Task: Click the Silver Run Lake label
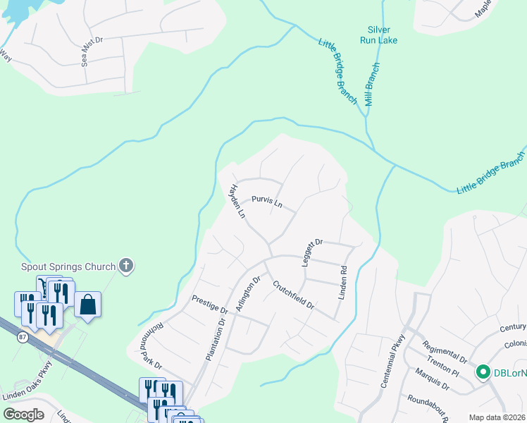click(378, 35)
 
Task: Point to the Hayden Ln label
click(235, 201)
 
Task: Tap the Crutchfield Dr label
click(293, 299)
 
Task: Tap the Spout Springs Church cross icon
click(126, 266)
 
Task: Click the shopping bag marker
click(88, 306)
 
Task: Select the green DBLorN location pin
click(483, 372)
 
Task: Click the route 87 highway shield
click(23, 338)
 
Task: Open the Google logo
click(23, 415)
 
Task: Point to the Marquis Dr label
click(432, 381)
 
